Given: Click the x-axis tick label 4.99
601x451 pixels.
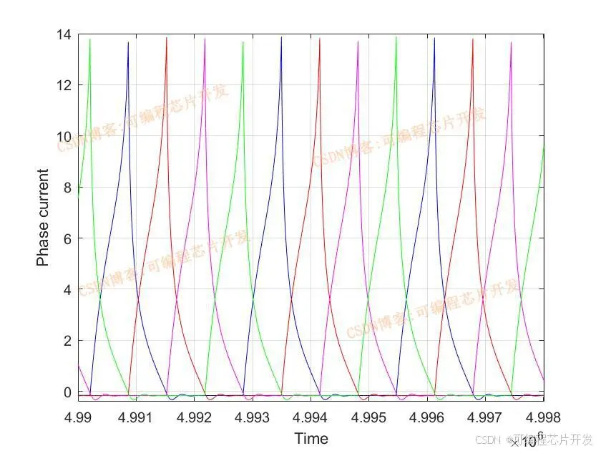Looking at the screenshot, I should pos(79,417).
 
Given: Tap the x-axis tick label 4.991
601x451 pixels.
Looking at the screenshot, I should pos(137,417).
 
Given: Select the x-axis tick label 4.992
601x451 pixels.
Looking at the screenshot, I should pos(195,417).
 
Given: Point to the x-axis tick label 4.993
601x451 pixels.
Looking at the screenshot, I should pos(253,417).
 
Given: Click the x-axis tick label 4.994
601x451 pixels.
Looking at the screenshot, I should pos(311,417).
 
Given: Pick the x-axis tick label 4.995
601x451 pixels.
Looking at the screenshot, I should pos(369,417).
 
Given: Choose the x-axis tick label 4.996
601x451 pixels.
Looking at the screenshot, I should pos(427,417).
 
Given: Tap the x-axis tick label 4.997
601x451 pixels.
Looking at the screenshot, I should pos(485,417).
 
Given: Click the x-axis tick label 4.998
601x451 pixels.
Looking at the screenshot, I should pos(542,417).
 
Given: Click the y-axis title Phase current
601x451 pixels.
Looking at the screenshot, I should pos(43,218).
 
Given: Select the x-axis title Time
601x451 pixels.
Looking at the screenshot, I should pos(311,438).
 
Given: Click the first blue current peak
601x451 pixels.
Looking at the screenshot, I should pos(128,43).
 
